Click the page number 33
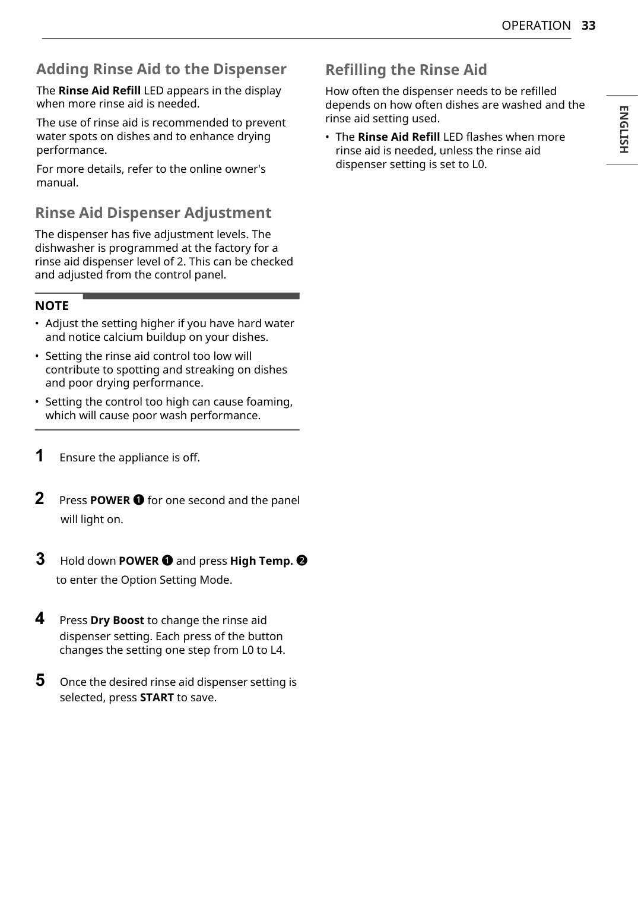(x=588, y=26)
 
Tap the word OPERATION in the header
(x=536, y=26)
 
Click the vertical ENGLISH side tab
(x=623, y=129)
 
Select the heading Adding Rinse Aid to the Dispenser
(x=161, y=69)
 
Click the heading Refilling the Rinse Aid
(x=406, y=70)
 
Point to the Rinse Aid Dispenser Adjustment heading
(x=153, y=213)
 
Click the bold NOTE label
(x=52, y=306)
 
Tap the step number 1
(x=40, y=456)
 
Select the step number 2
(x=40, y=499)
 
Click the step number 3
(x=40, y=559)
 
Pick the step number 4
(x=40, y=619)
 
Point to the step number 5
(x=40, y=681)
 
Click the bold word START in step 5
(x=157, y=698)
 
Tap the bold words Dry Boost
(x=117, y=621)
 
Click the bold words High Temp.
(x=261, y=561)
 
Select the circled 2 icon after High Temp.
(x=301, y=561)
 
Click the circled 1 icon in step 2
(x=138, y=500)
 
